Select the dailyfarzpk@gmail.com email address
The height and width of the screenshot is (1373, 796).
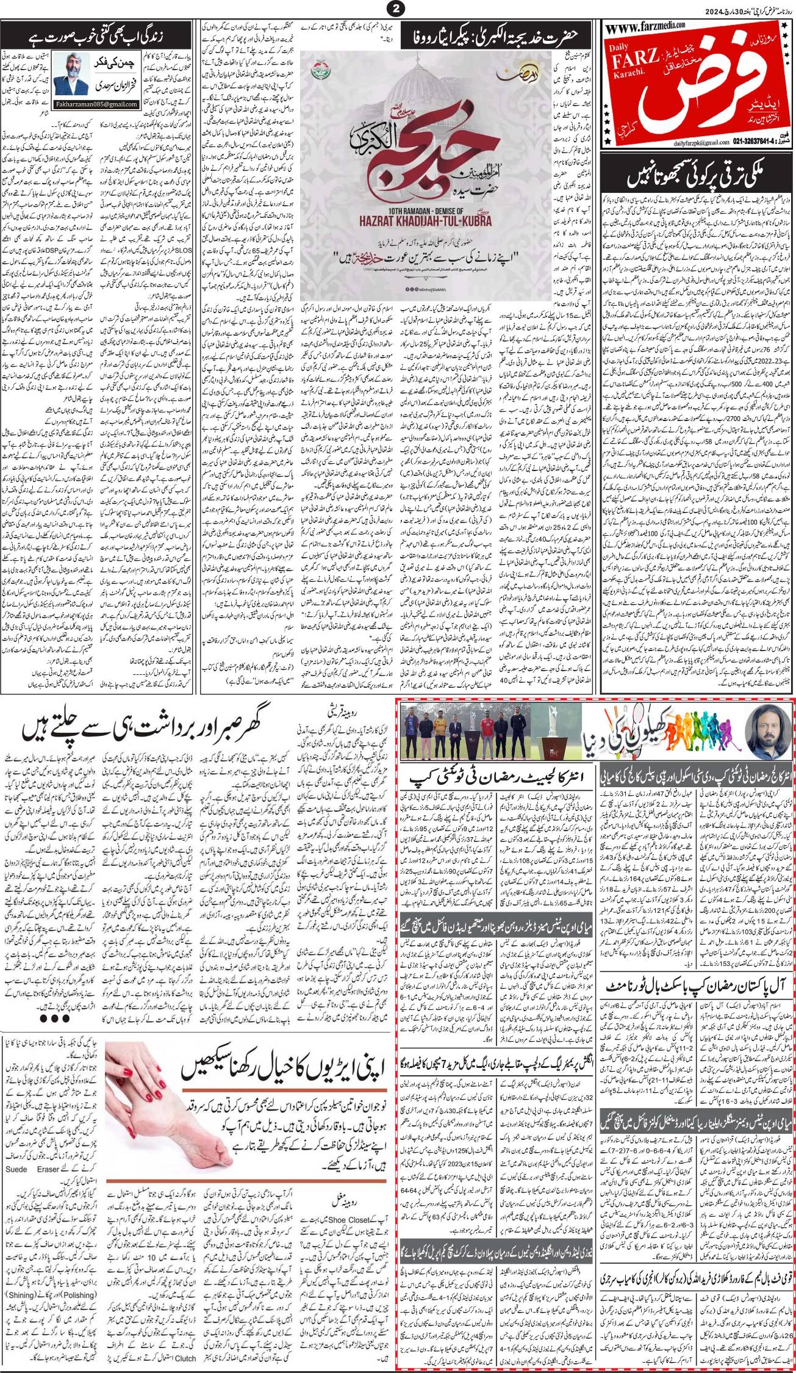(x=634, y=157)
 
